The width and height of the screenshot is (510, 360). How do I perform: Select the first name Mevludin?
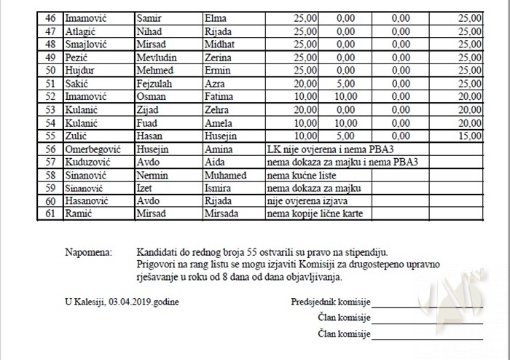click(x=156, y=58)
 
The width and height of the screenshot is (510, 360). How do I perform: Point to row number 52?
click(x=50, y=97)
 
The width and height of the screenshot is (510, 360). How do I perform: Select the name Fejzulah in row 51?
click(x=155, y=84)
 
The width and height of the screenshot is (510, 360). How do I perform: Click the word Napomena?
click(x=88, y=251)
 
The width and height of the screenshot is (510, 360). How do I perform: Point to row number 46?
click(x=50, y=19)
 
